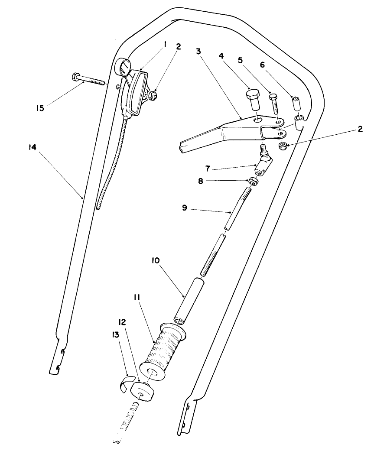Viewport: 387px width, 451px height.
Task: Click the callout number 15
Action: [40, 108]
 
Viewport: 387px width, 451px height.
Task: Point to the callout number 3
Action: [198, 51]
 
